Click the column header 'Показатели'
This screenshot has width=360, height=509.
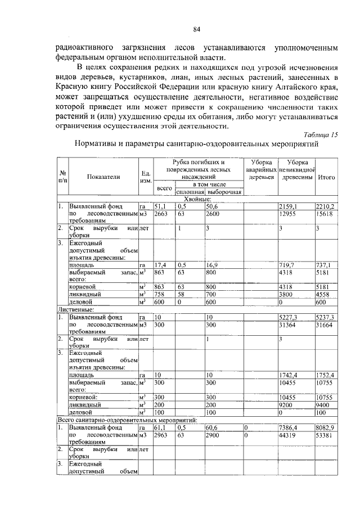click(x=103, y=177)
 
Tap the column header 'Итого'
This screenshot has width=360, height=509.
click(x=326, y=177)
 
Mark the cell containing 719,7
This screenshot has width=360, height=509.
click(x=288, y=264)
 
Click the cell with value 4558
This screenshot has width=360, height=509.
click(x=324, y=294)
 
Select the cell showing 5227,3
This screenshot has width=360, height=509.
click(x=289, y=317)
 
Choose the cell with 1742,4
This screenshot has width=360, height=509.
click(x=289, y=375)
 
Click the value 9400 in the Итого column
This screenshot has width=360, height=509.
click(x=324, y=404)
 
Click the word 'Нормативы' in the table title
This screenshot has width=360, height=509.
click(x=98, y=145)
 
